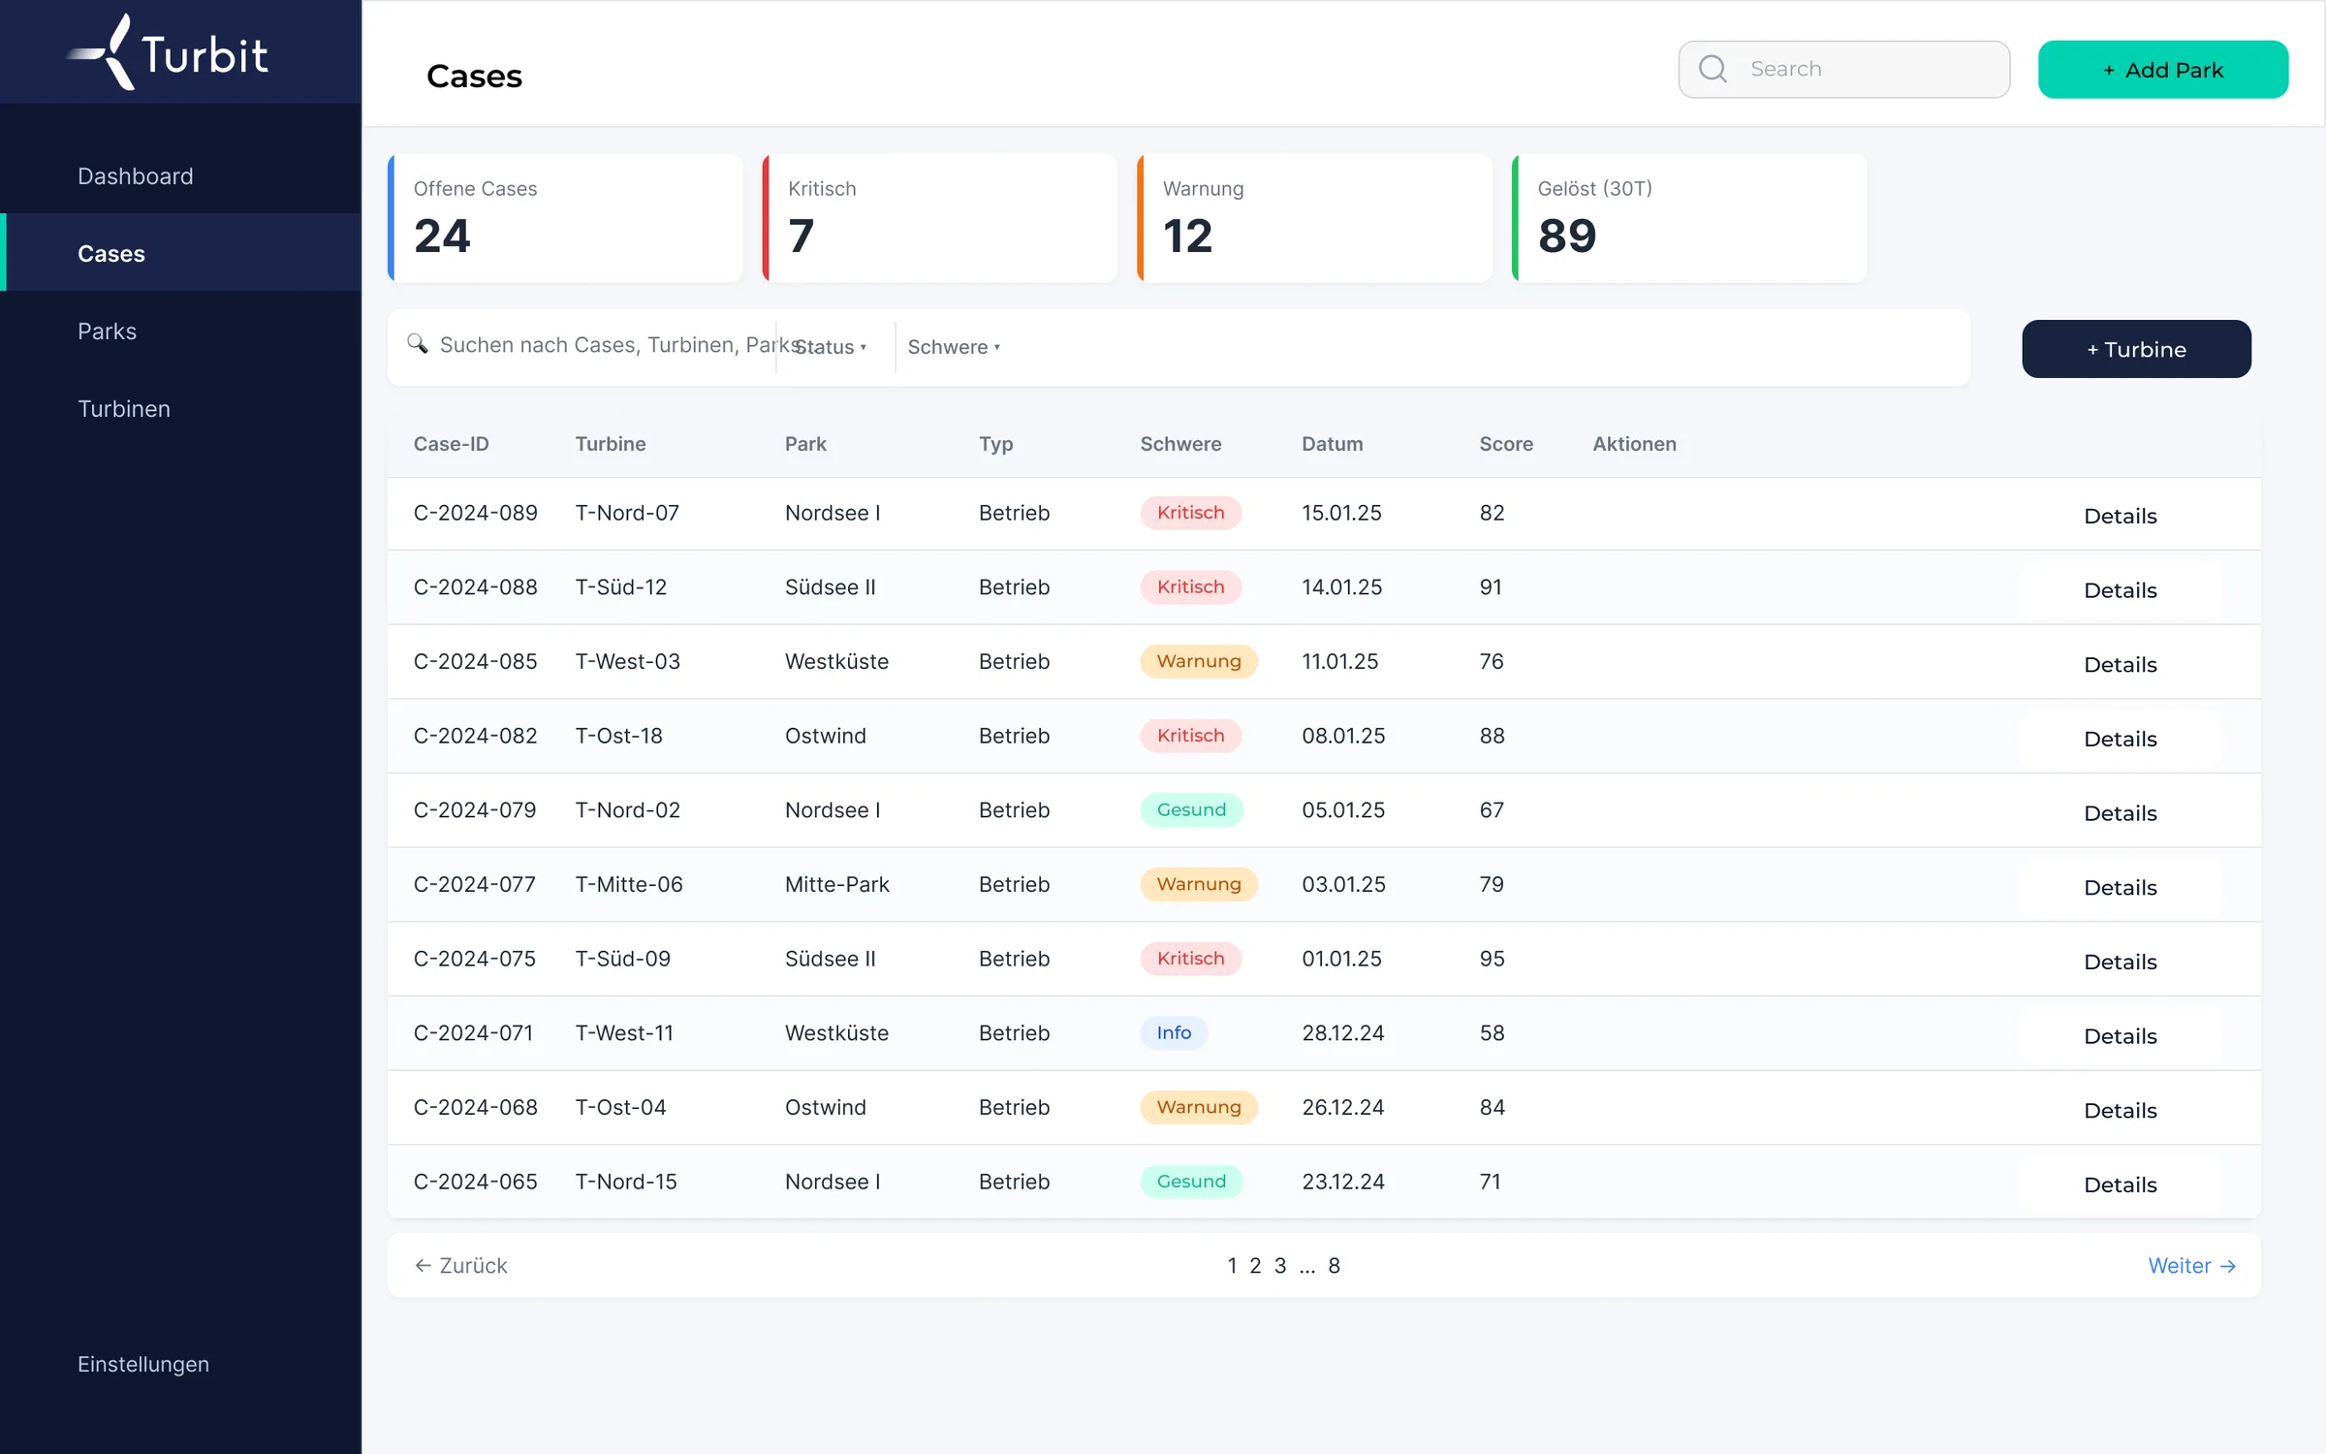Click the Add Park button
(2162, 70)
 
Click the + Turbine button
(2136, 349)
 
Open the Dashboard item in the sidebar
(136, 176)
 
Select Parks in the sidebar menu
(108, 332)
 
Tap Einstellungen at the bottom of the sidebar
(143, 1364)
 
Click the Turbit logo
(167, 52)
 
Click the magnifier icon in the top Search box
(1713, 69)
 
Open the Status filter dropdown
(831, 347)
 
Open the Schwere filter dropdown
(954, 347)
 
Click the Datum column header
(1332, 444)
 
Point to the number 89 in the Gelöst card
(1567, 237)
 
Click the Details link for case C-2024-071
(2121, 1036)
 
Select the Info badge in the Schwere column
(1174, 1033)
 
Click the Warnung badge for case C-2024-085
(1199, 661)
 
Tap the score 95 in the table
(1492, 959)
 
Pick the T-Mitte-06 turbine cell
(629, 884)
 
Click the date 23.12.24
(1342, 1182)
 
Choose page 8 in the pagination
(1334, 1266)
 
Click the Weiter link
(2191, 1266)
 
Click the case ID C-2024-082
(475, 736)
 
